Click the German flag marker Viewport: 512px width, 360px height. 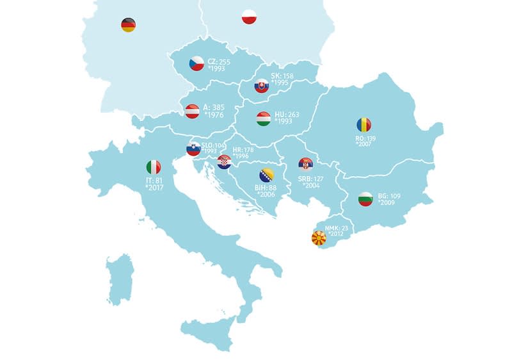(x=128, y=25)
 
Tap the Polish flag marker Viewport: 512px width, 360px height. (x=249, y=17)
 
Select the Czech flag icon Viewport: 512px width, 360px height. (x=196, y=63)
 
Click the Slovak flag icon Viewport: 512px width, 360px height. (x=261, y=86)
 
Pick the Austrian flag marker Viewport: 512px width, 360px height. (x=192, y=111)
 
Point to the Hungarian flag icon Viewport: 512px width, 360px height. (x=263, y=119)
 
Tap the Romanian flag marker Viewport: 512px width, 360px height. (x=364, y=125)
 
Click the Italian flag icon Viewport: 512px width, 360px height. (x=154, y=167)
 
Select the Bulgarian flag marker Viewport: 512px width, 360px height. (x=365, y=199)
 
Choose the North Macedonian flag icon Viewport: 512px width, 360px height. (x=318, y=239)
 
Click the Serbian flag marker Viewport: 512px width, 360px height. (x=306, y=165)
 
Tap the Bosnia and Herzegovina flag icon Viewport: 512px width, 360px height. (x=266, y=176)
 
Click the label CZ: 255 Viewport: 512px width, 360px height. (x=219, y=61)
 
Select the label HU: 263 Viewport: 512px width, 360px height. (x=287, y=115)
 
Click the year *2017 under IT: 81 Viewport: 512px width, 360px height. (x=156, y=188)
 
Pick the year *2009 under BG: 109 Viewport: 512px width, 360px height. (x=388, y=202)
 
